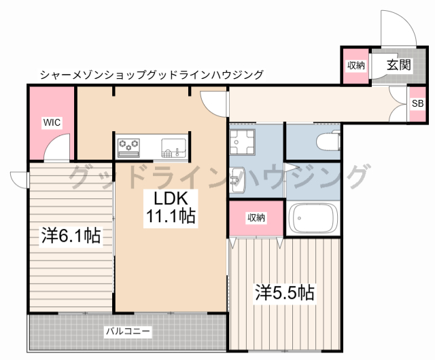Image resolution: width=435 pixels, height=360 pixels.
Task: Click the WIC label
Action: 52,122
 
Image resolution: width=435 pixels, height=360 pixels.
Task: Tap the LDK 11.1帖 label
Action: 170,207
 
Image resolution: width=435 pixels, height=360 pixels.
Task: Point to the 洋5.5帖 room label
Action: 285,293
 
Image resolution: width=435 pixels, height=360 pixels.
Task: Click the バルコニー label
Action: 128,331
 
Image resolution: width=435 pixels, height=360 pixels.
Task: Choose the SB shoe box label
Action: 418,104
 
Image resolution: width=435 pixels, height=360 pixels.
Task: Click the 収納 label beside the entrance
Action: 356,66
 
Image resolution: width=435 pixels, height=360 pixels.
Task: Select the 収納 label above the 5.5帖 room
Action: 256,218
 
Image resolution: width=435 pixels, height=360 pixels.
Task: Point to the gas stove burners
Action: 128,145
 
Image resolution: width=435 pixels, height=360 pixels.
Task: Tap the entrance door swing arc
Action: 396,27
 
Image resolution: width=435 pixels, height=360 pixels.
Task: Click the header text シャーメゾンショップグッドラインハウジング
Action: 151,75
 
